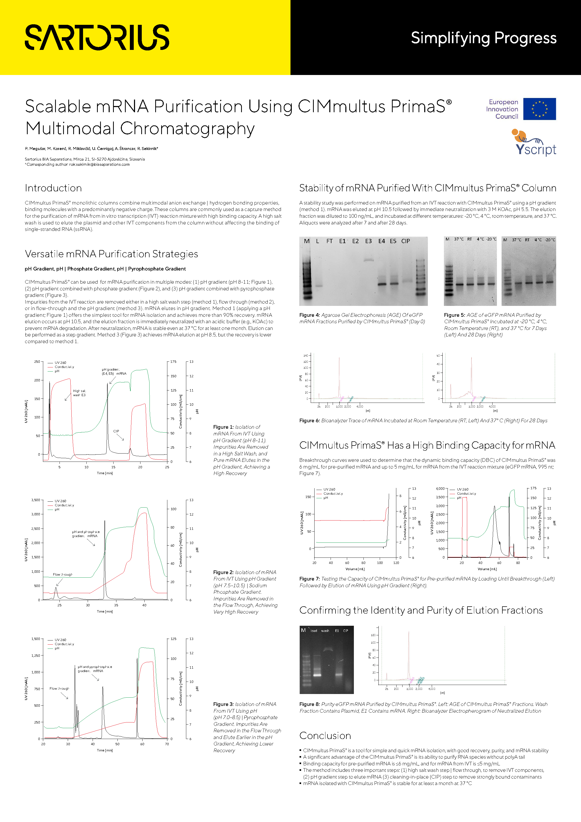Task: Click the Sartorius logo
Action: coord(97,37)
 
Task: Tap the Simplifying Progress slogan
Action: coord(483,38)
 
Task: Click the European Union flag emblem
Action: coord(539,109)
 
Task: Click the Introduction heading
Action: coord(53,188)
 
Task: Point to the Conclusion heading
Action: coord(325,735)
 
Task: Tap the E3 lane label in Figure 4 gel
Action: coord(368,241)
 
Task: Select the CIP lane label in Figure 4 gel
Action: coord(405,241)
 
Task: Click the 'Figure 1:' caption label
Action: coord(223,427)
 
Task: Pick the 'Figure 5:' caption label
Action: coord(454,315)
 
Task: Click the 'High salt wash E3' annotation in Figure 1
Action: coord(79,393)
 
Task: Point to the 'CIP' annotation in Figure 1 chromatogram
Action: coord(116,431)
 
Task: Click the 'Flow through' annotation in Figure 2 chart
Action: coord(63,575)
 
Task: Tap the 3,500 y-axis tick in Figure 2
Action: coord(35,500)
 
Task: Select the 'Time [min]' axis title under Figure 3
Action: coord(105,750)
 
